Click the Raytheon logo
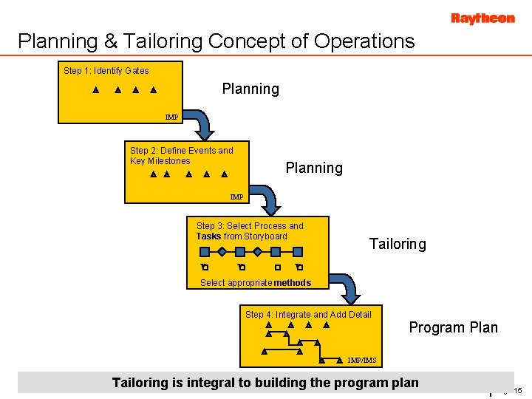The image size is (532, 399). point(482,18)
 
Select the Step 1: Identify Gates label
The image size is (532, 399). point(106,71)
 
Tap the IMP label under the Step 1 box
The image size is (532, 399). point(171,117)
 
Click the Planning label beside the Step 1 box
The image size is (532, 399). point(250,89)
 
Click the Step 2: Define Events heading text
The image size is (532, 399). point(181,151)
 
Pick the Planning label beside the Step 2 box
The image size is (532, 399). point(314,168)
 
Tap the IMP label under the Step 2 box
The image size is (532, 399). point(236,197)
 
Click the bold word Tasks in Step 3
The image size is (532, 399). point(208,236)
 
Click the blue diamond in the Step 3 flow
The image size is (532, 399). point(222,251)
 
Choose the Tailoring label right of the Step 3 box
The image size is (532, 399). point(398,245)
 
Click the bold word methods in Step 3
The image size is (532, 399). point(292,283)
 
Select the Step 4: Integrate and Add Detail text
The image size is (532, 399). point(308,315)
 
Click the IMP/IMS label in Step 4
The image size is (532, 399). point(362,361)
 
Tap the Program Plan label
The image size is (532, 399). point(453,328)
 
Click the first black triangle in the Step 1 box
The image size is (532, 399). point(95,92)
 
